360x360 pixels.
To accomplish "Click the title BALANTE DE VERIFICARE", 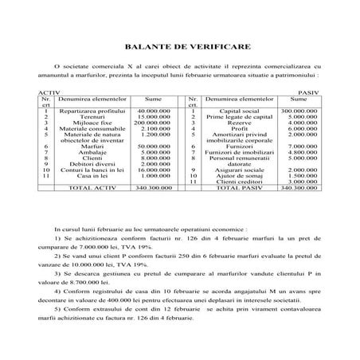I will pos(179,47).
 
